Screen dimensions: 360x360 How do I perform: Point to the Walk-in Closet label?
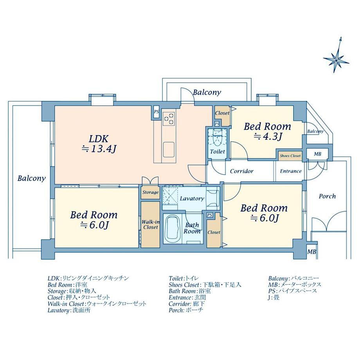(x=150, y=224)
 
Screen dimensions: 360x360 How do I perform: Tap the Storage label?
(x=150, y=192)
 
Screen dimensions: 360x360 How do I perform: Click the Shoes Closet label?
(x=290, y=156)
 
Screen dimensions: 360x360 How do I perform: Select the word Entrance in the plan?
(x=291, y=171)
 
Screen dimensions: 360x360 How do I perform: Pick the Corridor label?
(x=241, y=171)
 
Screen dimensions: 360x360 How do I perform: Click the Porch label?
(x=327, y=196)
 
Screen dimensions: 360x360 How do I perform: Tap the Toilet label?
(x=218, y=151)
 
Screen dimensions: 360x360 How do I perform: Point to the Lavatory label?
(x=192, y=198)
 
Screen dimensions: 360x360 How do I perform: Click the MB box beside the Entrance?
(x=317, y=154)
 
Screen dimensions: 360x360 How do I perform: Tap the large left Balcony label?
(x=31, y=178)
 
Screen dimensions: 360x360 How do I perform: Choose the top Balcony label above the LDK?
(x=207, y=93)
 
